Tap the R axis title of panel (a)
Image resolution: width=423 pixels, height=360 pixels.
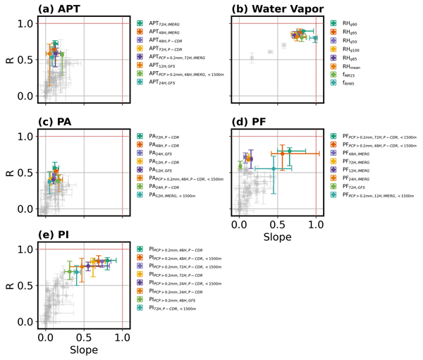pyautogui.click(x=9, y=59)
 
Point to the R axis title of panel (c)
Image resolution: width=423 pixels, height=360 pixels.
pyautogui.click(x=9, y=172)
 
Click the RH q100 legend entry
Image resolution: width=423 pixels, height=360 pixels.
pyautogui.click(x=350, y=49)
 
